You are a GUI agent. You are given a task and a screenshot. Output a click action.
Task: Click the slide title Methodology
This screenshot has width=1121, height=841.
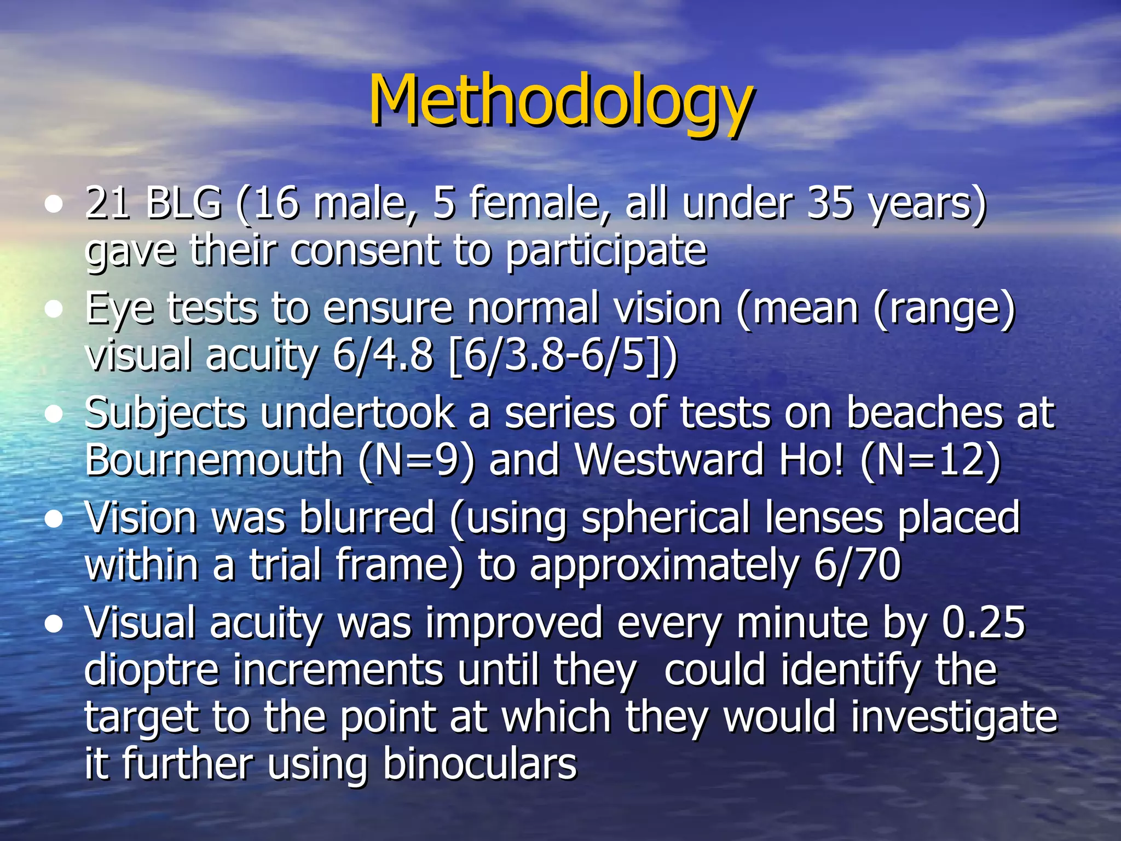pos(560,101)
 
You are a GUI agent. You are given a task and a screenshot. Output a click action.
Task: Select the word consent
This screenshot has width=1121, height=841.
pos(365,250)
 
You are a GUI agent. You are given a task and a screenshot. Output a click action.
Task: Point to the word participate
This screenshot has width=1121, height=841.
pos(606,250)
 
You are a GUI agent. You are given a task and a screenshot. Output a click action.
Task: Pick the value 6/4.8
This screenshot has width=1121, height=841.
pos(383,355)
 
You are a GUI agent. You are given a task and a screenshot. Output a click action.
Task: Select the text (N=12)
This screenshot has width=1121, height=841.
pos(931,460)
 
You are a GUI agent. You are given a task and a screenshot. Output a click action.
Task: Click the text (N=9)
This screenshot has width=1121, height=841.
pos(417,460)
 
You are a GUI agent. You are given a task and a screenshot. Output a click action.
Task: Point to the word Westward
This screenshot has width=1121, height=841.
pos(669,460)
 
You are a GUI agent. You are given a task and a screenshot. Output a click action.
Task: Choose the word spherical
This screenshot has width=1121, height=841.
pos(665,518)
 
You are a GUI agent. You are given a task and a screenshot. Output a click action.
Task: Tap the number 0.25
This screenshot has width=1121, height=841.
pos(983,623)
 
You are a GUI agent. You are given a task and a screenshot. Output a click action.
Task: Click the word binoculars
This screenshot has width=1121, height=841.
pos(479,764)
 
